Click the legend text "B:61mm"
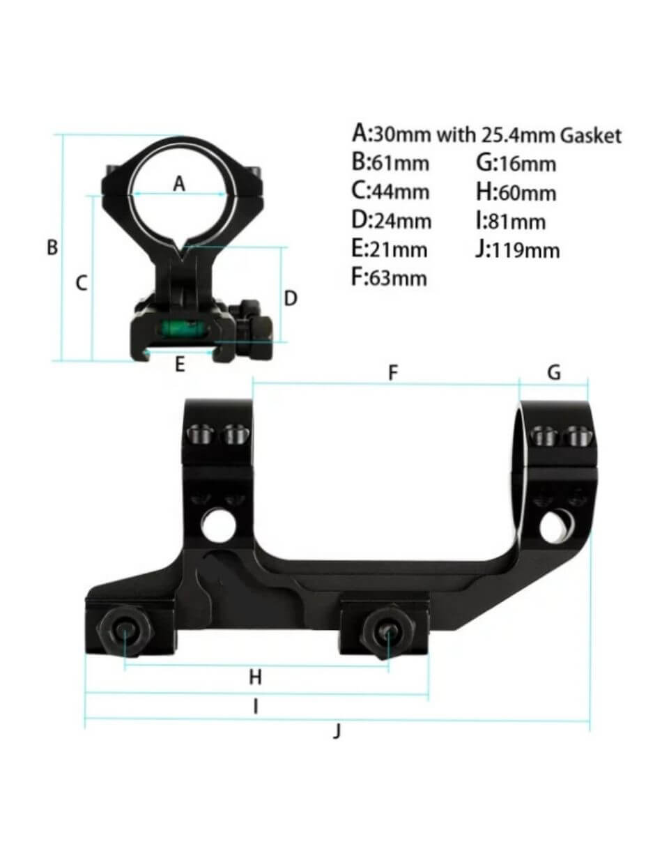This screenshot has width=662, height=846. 390,163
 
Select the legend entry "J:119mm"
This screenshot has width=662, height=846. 517,249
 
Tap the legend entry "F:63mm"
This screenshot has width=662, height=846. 389,277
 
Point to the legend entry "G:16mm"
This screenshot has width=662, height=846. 516,163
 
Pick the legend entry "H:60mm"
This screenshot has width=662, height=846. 516,192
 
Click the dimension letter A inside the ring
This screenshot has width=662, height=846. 179,184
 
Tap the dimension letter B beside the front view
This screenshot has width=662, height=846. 52,247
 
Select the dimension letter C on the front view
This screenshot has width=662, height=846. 82,283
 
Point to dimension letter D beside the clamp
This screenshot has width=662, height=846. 291,298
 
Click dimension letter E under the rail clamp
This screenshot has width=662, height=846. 179,364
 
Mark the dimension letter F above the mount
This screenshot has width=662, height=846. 392,374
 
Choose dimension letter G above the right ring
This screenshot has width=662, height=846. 554,373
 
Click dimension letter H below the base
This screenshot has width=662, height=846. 255,677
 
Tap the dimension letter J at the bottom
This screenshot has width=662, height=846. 337,731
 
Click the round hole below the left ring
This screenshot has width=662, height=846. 219,523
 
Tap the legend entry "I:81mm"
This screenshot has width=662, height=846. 510,221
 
